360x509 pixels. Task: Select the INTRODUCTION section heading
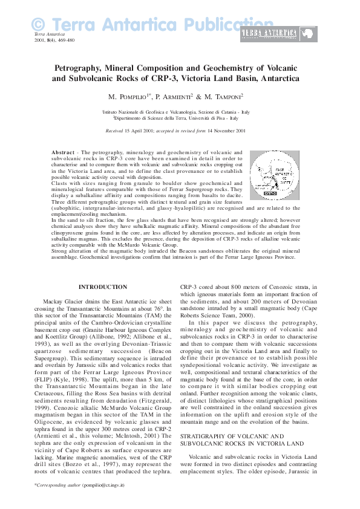[x=103, y=287]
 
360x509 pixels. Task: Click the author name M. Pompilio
[x=129, y=97]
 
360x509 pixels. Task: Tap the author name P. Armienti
[x=174, y=97]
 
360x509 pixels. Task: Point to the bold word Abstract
[x=64, y=153]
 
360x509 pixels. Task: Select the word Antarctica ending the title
[x=271, y=79]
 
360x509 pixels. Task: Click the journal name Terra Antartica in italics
[x=50, y=34]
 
